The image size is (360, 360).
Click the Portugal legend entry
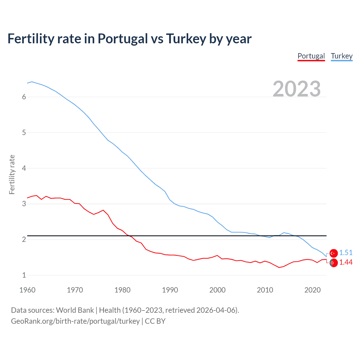311,56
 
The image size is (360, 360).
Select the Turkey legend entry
341,56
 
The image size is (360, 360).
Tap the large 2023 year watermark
296,89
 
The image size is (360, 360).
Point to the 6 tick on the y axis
24,97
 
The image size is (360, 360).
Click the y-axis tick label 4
24,168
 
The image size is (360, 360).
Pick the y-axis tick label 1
24,275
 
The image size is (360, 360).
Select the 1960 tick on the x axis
27,290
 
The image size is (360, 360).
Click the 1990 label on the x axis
170,290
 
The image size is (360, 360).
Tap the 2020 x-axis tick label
312,290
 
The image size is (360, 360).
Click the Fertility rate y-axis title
12,174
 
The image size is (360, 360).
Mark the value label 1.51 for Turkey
346,253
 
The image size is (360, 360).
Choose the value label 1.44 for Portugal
346,262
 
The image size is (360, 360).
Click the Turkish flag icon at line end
334,253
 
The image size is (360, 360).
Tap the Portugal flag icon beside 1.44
334,263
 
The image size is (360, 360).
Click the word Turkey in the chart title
186,39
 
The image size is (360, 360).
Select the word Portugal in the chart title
122,39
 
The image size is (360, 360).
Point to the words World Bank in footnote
75,310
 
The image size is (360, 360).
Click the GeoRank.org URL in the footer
75,321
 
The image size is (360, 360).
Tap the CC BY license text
155,321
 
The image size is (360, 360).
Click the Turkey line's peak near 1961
32,82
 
